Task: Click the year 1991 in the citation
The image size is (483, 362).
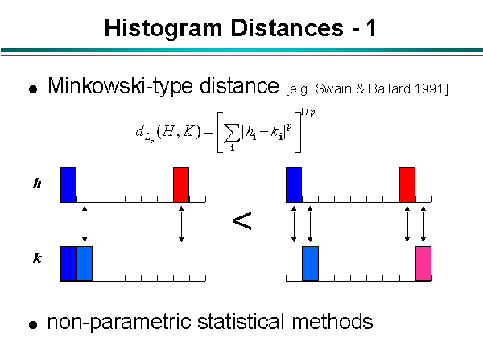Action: point(431,87)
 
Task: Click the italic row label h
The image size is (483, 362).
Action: point(37,183)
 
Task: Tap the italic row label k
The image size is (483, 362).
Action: point(37,260)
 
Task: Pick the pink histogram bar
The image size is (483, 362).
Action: point(423,264)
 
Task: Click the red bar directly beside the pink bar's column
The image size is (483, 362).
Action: point(407,184)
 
